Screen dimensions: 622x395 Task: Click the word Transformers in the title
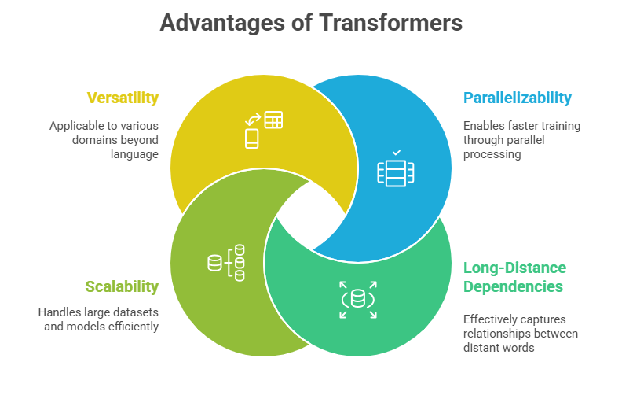[391, 22]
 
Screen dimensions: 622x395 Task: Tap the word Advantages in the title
[222, 22]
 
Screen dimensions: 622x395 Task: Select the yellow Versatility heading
[123, 98]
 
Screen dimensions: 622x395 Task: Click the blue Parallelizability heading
[518, 98]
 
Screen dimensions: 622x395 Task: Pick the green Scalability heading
[122, 286]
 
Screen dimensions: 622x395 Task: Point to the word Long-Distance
[514, 268]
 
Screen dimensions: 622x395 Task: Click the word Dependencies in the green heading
[513, 286]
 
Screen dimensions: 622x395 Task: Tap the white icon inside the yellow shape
[263, 130]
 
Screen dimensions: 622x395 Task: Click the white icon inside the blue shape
[396, 169]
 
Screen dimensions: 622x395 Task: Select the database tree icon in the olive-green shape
[226, 263]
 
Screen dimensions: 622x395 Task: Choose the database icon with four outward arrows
[358, 300]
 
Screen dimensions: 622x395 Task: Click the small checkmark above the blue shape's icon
[396, 153]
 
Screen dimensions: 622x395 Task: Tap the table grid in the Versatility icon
[273, 120]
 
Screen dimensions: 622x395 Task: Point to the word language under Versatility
[134, 154]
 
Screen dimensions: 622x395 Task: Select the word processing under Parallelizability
[492, 154]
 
